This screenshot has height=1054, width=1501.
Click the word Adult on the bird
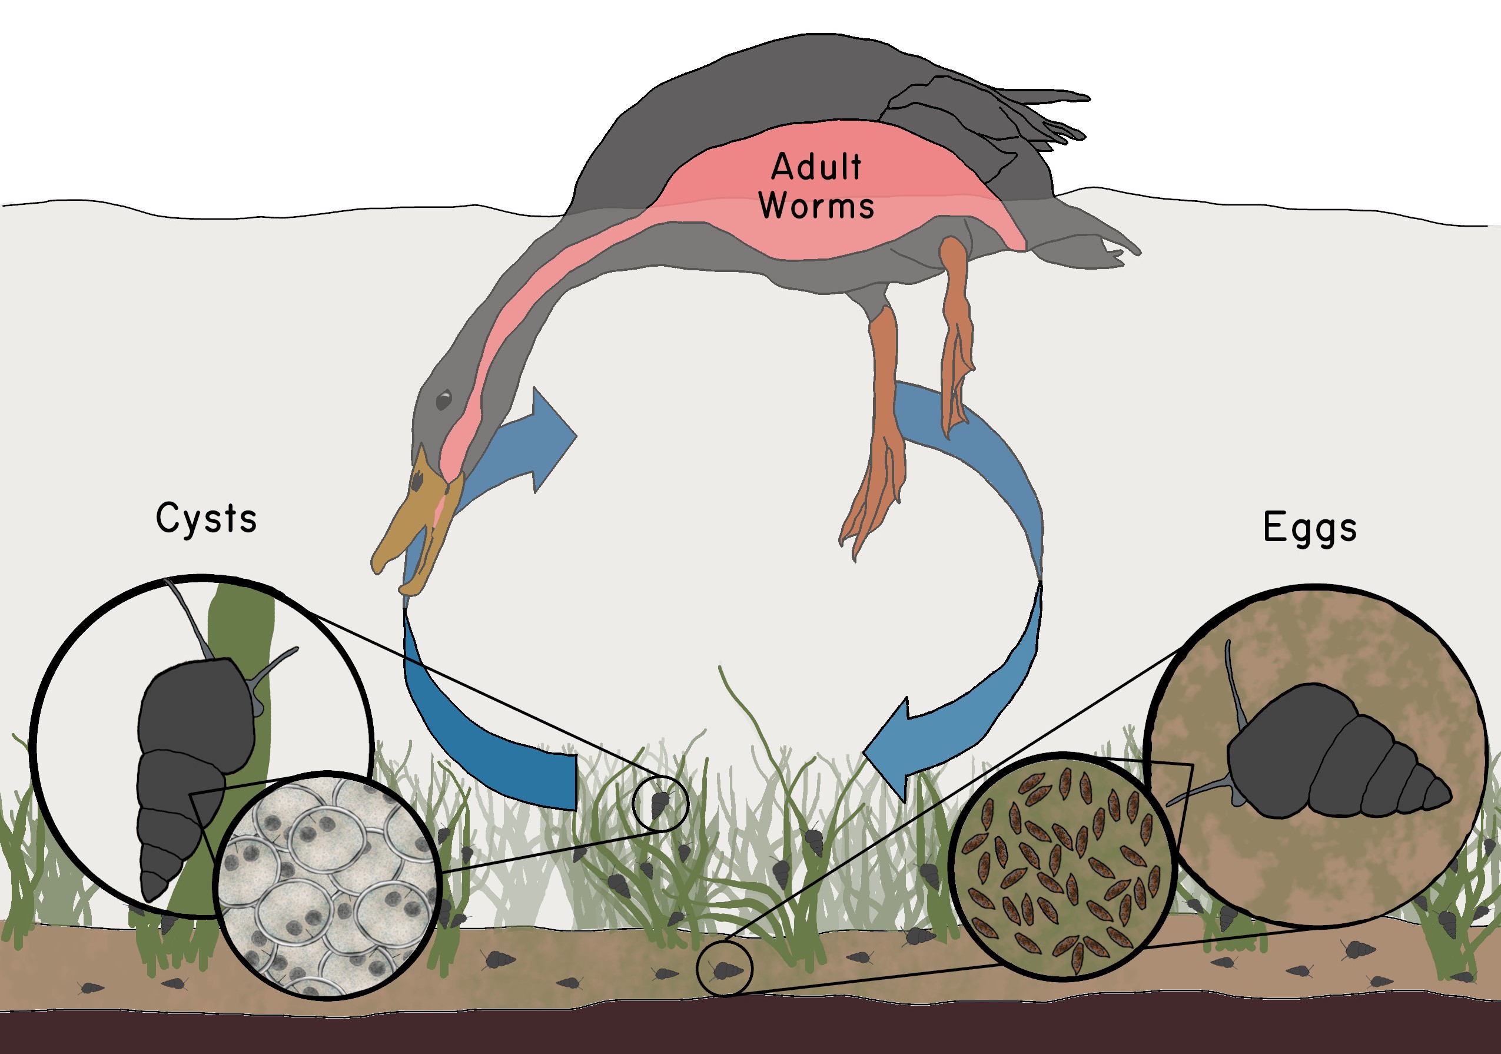[x=816, y=167]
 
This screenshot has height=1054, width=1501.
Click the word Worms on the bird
[x=816, y=206]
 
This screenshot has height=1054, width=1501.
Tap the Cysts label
[x=206, y=520]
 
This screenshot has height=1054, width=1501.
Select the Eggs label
[x=1310, y=528]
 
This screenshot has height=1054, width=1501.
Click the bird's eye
[x=444, y=399]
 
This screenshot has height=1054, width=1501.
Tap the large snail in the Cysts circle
[x=190, y=752]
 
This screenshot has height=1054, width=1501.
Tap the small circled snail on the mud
[x=725, y=970]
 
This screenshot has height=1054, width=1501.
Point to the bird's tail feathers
[x=1020, y=111]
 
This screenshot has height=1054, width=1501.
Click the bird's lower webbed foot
[x=873, y=497]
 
